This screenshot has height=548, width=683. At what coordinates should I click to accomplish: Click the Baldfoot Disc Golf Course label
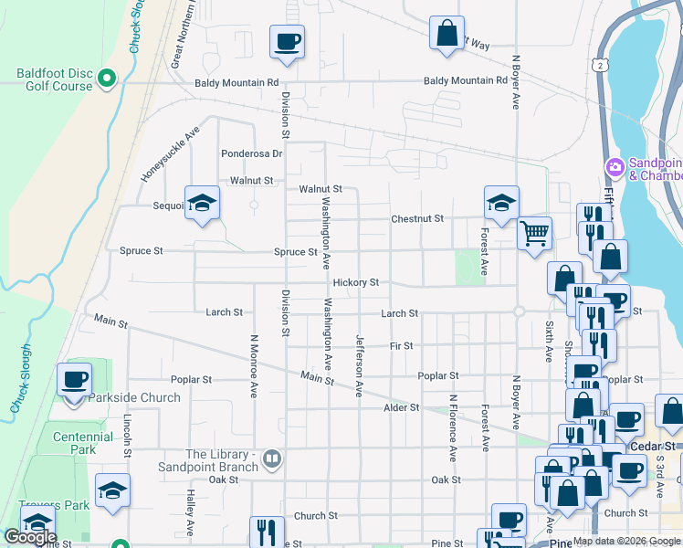55,79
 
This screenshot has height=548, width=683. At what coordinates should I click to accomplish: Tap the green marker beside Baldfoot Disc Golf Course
107,79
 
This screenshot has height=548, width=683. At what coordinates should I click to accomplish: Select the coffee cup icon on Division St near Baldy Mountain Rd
287,42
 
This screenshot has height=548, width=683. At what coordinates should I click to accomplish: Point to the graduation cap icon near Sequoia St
203,203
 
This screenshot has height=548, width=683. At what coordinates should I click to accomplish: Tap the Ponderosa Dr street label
251,153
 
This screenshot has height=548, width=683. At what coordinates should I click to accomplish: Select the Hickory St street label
355,283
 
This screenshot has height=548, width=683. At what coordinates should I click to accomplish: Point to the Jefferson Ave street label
359,364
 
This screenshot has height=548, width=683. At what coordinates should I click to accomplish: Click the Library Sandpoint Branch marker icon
271,458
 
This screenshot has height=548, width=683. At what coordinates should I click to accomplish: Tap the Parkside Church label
135,398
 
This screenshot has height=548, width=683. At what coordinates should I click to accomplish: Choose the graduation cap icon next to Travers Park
112,491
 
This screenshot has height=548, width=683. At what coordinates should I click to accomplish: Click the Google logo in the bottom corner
30,537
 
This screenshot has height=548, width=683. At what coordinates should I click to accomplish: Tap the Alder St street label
401,407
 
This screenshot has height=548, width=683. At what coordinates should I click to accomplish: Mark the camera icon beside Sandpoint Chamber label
615,167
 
